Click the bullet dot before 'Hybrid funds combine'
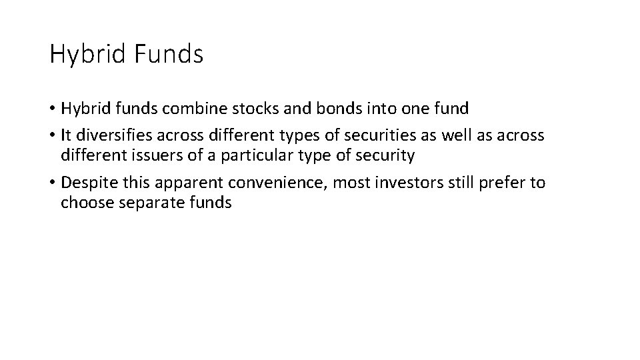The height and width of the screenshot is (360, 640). (x=53, y=109)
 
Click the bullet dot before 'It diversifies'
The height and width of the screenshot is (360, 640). (x=53, y=135)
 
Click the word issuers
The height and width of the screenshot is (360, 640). (x=154, y=155)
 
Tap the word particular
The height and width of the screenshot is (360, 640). (x=251, y=156)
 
